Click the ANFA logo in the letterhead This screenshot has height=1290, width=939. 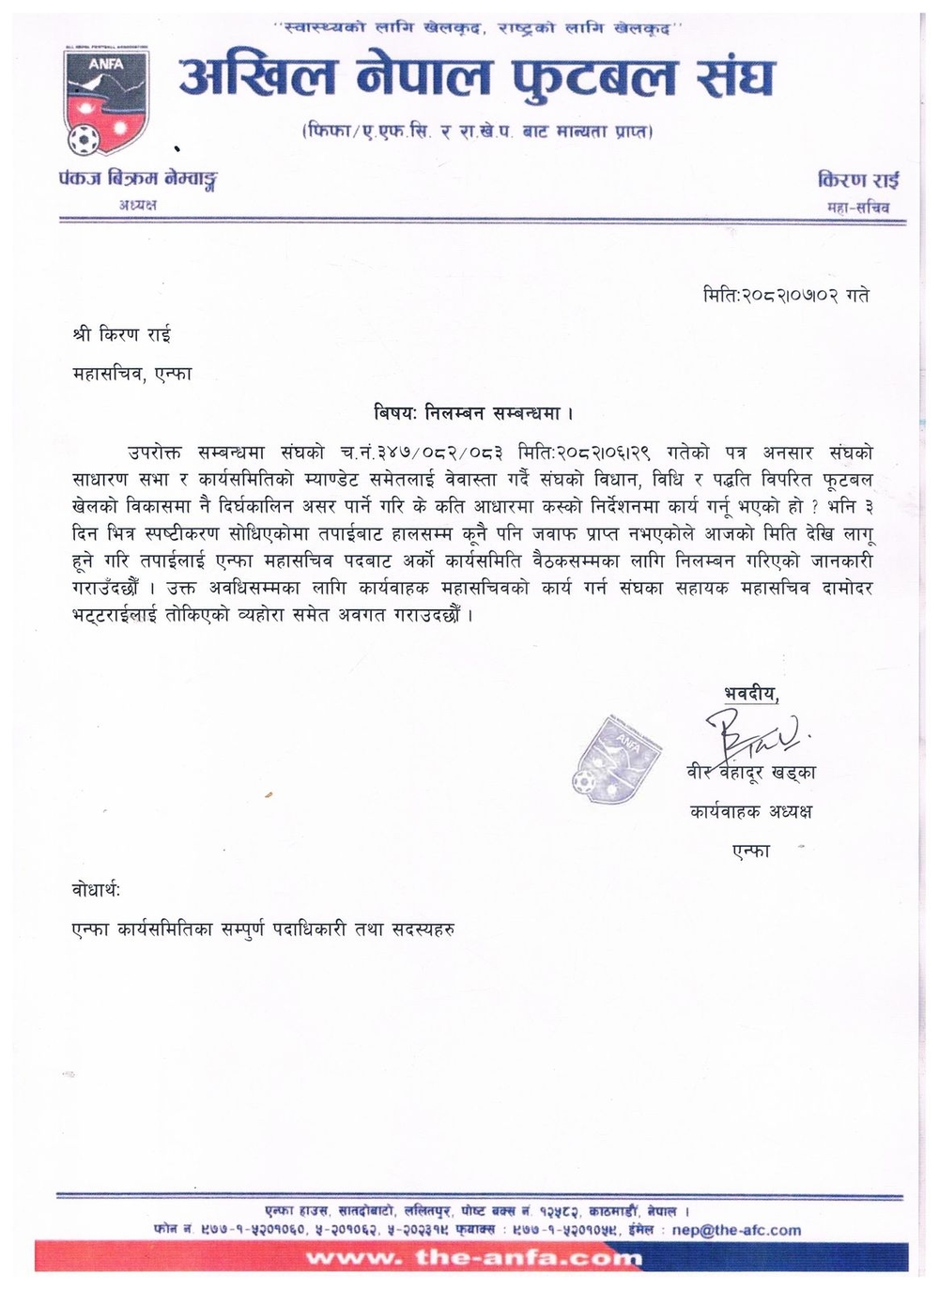105,100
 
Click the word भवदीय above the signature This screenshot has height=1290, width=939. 751,693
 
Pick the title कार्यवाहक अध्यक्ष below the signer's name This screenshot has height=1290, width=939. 751,810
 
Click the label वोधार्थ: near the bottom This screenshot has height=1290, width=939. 96,888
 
